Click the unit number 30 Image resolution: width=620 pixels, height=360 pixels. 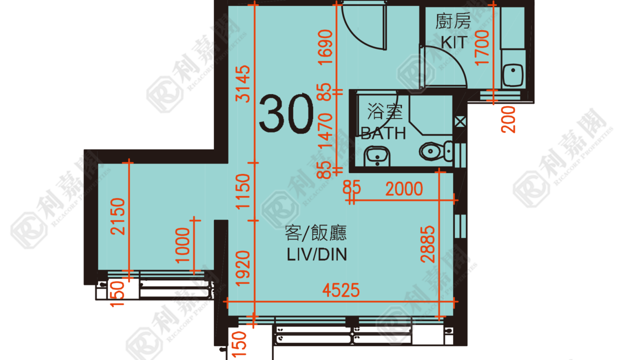coord(286,113)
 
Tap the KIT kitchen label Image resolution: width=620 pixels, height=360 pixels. coord(454,42)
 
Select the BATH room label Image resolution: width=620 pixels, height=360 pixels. coord(383,133)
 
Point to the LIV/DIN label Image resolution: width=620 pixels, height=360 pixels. coord(316,254)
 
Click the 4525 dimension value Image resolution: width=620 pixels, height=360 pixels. coord(341,290)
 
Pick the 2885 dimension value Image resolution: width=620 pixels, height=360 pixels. coord(427,244)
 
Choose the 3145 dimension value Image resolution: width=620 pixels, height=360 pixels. coord(242,83)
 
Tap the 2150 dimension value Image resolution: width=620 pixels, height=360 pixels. coord(117,216)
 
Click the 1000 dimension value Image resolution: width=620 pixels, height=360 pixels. coord(182,245)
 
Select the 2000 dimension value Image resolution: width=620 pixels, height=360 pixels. coord(404,189)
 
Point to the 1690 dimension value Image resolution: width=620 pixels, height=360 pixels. coord(325,47)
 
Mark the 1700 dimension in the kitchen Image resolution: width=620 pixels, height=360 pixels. coord(482,48)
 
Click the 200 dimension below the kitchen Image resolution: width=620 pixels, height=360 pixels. coord(508,120)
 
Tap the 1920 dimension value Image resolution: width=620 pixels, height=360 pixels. coord(242,268)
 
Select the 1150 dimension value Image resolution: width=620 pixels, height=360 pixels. coord(242,191)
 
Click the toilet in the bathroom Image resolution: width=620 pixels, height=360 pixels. coord(436,151)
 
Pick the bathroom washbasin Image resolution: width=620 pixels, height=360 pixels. coord(377,156)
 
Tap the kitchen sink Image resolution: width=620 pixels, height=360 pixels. coord(513,75)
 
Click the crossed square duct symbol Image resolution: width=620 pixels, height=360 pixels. coord(460,122)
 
